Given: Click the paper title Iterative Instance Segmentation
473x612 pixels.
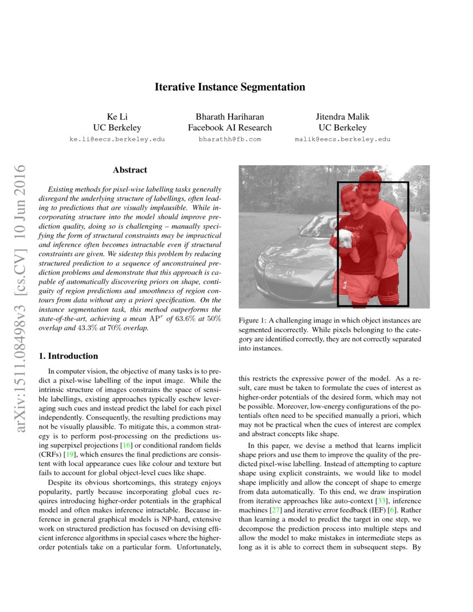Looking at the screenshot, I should click(230, 87).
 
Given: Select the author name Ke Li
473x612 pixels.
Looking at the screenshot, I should click(117, 117).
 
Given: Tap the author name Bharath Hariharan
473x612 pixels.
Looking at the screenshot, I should click(230, 117).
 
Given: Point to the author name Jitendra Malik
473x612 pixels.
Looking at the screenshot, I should click(342, 117).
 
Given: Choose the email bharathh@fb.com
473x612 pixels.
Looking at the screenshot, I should click(230, 139).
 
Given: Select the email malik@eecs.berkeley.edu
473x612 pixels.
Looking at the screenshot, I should click(342, 139).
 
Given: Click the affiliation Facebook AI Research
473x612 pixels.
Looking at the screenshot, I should click(230, 128).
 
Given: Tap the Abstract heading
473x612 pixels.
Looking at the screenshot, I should click(130, 170).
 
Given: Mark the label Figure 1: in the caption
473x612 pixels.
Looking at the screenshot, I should click(254, 321).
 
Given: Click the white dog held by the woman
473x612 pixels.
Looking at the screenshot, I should click(347, 240).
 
